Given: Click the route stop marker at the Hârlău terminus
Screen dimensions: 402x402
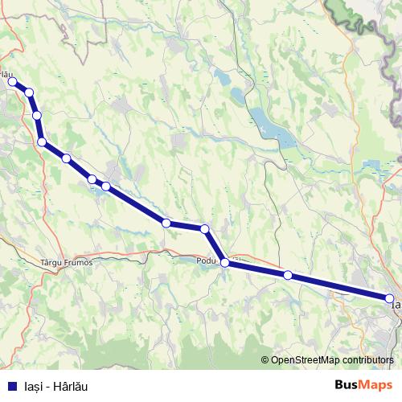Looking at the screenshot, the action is [12, 81].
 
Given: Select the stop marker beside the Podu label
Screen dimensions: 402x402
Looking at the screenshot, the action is [225, 263].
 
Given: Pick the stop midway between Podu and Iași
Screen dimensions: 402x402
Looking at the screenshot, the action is [288, 275].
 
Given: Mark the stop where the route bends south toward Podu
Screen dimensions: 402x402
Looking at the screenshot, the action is [205, 229].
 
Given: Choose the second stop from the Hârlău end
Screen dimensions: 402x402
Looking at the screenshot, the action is [29, 92].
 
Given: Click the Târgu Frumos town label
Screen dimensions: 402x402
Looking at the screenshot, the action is [67, 262].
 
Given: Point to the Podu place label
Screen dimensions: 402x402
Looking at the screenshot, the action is [207, 260].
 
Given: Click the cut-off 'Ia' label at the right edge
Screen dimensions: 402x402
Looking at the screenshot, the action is [396, 306].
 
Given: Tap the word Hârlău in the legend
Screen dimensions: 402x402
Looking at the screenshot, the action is [69, 387].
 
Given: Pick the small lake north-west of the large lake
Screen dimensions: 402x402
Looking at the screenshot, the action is [222, 79].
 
